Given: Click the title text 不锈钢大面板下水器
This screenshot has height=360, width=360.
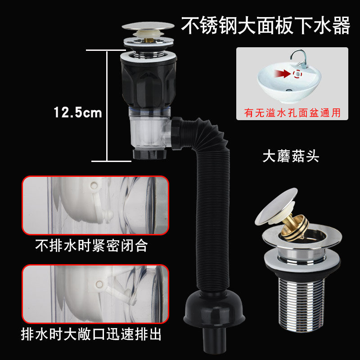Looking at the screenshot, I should [265, 26].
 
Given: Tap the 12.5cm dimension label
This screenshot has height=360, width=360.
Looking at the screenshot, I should [78, 112].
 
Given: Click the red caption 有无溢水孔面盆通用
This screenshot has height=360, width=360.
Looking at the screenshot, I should [292, 112].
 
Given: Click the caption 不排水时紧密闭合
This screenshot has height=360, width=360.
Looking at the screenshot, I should [91, 247].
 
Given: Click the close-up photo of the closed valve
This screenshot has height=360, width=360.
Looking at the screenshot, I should [95, 205].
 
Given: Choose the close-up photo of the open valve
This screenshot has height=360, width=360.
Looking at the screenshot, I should [95, 293].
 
